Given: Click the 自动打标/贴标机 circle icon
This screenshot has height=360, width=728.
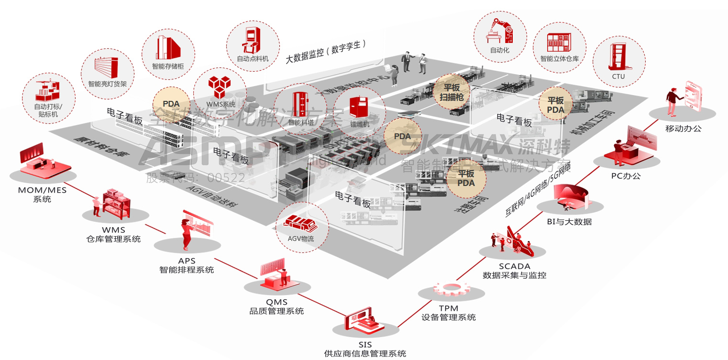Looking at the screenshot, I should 48,98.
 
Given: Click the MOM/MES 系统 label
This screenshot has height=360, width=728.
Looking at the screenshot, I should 42,194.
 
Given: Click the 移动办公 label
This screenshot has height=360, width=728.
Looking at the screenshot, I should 683,128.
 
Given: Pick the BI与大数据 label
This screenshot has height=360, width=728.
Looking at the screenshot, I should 569,221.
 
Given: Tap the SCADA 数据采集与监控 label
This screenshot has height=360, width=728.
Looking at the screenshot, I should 514,271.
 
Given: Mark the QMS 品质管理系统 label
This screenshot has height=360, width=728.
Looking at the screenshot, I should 276,306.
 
